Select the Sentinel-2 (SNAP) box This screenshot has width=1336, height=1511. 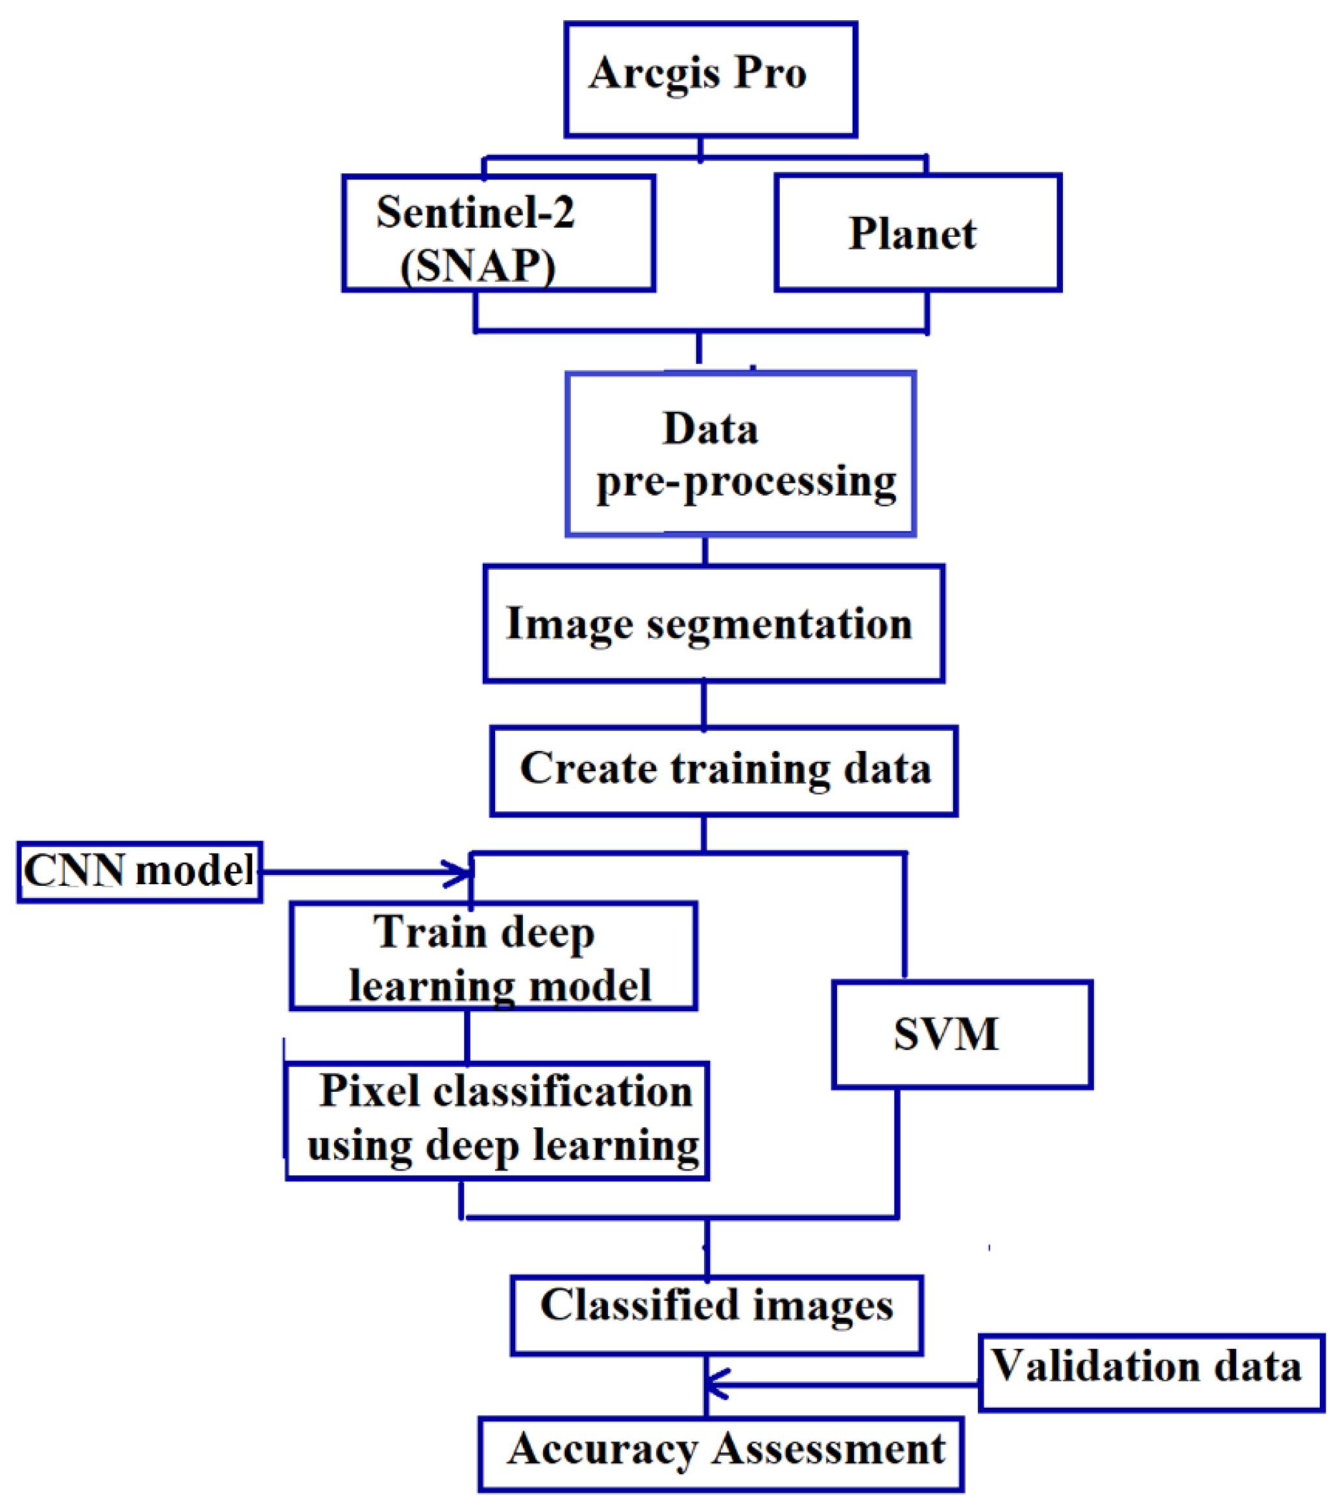[x=498, y=233]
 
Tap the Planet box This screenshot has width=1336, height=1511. [x=917, y=233]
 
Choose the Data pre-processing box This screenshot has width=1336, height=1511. [x=740, y=454]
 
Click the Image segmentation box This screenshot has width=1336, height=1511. [x=713, y=624]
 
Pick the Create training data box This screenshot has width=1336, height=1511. [x=723, y=771]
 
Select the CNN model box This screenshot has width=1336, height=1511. [x=140, y=872]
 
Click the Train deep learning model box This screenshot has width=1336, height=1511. [x=493, y=956]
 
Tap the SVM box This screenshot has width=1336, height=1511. [x=962, y=1034]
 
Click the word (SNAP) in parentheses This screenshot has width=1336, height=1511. [x=478, y=266]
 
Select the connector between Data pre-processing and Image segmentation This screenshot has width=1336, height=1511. [x=705, y=551]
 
